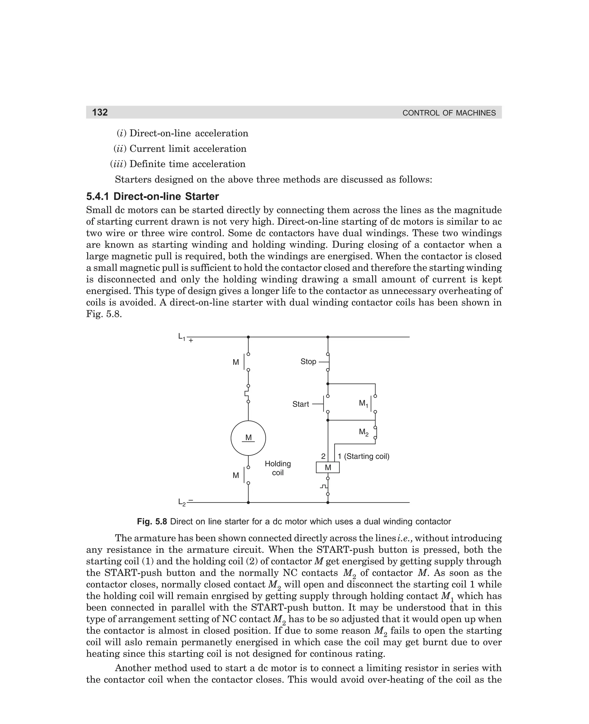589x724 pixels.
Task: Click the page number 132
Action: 100,112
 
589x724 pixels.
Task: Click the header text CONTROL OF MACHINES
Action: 449,113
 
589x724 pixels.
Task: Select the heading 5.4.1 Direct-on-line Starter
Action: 152,196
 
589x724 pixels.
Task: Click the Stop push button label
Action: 308,361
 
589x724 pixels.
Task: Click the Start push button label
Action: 301,404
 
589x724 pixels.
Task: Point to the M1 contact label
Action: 363,403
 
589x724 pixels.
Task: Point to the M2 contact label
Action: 363,433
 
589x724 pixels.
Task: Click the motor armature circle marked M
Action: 248,438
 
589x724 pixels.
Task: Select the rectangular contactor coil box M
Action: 328,468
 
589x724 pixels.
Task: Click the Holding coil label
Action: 278,468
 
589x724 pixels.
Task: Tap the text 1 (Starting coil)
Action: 363,456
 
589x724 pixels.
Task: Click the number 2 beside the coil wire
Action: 323,456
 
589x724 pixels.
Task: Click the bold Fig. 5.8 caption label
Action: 152,521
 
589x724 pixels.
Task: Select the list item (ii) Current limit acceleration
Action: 180,149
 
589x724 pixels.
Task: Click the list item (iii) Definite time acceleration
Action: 178,164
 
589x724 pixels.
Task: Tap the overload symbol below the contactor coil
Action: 325,486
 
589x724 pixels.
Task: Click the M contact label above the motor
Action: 236,362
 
